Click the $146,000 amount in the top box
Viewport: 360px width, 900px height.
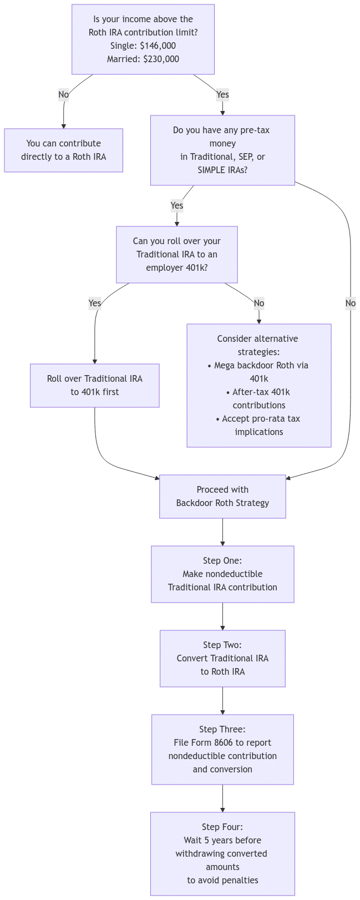[158, 46]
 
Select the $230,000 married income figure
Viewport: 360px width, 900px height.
[161, 59]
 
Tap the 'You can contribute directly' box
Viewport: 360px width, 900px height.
[64, 150]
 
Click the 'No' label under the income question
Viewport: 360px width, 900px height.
[64, 95]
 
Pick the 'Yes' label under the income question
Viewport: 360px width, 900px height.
[222, 95]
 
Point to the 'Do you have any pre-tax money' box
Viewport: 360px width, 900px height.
[222, 150]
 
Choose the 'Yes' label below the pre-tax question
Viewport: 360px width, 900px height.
[177, 206]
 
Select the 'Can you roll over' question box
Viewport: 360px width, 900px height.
[177, 255]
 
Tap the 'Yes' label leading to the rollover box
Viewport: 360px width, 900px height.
[95, 304]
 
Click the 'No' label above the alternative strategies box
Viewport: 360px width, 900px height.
[259, 304]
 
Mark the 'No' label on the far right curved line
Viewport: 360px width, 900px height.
[351, 304]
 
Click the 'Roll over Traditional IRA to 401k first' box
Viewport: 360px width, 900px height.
[95, 386]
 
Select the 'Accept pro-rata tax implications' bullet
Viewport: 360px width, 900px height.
[258, 426]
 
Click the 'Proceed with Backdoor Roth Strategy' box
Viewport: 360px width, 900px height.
[222, 497]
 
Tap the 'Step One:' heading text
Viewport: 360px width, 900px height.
[222, 561]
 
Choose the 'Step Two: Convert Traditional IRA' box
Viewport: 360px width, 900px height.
[222, 659]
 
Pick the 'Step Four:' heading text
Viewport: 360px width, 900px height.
[222, 827]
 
